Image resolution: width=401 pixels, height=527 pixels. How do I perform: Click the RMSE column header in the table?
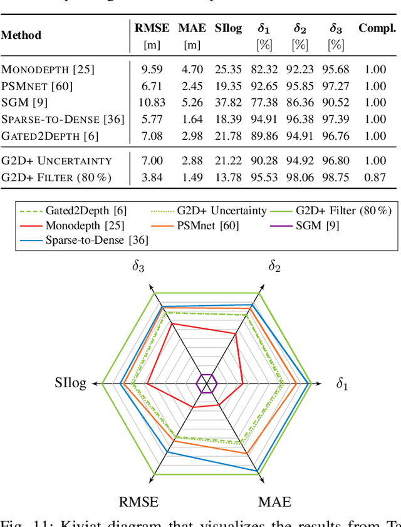click(152, 28)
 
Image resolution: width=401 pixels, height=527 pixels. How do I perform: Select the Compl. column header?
click(377, 28)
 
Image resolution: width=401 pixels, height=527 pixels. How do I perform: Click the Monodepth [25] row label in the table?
click(37, 70)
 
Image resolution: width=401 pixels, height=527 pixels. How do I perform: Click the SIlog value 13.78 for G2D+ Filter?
click(227, 177)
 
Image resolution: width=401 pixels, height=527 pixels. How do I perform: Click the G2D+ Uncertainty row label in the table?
click(56, 161)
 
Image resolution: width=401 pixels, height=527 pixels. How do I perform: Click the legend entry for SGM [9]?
click(316, 225)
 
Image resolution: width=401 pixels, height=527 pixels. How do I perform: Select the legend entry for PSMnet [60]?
click(216, 225)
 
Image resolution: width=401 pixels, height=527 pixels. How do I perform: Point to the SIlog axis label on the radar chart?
click(70, 384)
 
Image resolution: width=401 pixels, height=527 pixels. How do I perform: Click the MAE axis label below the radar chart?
click(274, 502)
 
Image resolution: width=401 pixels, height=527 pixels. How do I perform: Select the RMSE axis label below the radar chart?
click(138, 502)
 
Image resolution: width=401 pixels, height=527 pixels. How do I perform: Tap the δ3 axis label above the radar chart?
click(138, 266)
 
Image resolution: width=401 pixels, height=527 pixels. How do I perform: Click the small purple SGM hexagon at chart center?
click(206, 384)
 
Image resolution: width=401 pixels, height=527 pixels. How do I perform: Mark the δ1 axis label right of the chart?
click(341, 384)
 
